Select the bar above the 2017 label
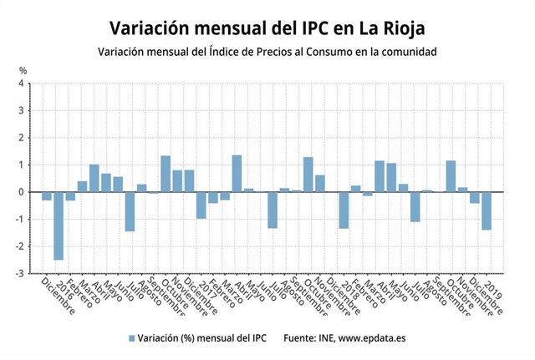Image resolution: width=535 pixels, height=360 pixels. pyautogui.click(x=201, y=205)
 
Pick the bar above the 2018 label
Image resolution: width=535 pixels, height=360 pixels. pyautogui.click(x=344, y=210)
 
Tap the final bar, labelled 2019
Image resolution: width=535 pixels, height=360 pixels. pyautogui.click(x=486, y=210)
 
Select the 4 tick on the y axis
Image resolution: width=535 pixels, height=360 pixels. pyautogui.click(x=22, y=84)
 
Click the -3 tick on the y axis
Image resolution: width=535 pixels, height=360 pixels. pyautogui.click(x=20, y=273)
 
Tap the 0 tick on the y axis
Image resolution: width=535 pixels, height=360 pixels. pyautogui.click(x=22, y=192)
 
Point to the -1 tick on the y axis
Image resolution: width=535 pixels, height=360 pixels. pyautogui.click(x=20, y=219)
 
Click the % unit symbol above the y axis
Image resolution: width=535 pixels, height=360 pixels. pyautogui.click(x=23, y=70)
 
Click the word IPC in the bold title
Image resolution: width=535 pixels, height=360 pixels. pyautogui.click(x=308, y=28)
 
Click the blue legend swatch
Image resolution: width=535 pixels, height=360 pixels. pyautogui.click(x=131, y=338)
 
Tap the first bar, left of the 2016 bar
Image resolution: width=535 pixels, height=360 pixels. pyautogui.click(x=47, y=196)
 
